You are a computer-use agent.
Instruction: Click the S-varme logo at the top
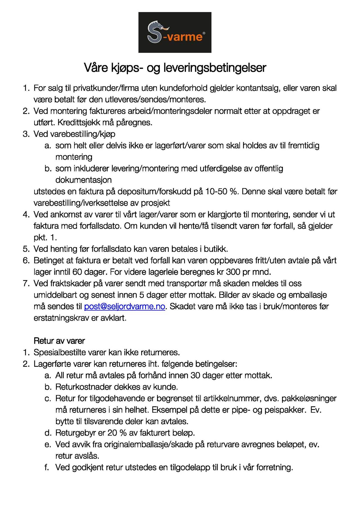tap(175, 32)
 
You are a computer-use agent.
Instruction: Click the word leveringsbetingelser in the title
tap(215, 68)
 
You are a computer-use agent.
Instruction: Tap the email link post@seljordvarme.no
tap(125, 306)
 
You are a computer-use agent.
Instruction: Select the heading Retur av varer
tap(59, 341)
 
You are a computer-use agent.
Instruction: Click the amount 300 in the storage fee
tap(233, 272)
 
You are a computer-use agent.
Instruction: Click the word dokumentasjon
tap(84, 180)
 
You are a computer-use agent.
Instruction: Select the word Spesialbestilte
tap(60, 352)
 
